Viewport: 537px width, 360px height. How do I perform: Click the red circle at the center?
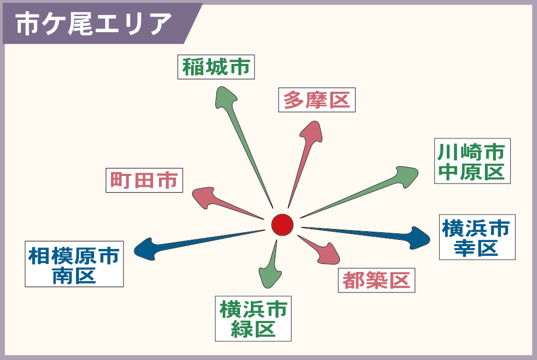point(282,225)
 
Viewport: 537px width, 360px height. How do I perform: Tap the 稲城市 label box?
point(216,67)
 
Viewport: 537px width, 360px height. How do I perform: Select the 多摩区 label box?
point(317,100)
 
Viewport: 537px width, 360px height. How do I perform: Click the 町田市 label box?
point(144,180)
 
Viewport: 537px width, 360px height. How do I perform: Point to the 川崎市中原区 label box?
point(472,161)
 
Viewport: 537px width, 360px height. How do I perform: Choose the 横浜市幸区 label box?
point(477,237)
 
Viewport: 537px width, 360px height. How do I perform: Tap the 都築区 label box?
point(376,280)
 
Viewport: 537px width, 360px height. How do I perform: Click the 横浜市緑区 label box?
point(253,319)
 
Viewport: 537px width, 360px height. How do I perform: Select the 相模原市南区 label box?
point(74,264)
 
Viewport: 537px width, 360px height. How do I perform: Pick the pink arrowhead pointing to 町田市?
point(204,197)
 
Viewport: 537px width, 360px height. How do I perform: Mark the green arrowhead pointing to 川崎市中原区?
point(406,177)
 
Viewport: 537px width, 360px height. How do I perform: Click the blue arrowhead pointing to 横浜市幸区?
point(418,238)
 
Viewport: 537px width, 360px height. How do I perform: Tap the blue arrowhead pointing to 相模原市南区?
point(146,249)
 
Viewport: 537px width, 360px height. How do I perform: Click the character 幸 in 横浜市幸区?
point(465,247)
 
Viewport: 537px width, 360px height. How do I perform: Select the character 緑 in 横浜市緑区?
point(242,329)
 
